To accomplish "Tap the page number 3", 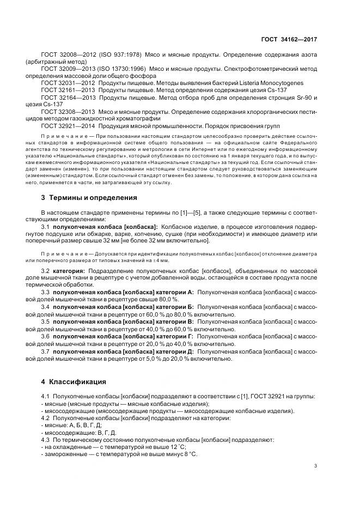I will (316, 465).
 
